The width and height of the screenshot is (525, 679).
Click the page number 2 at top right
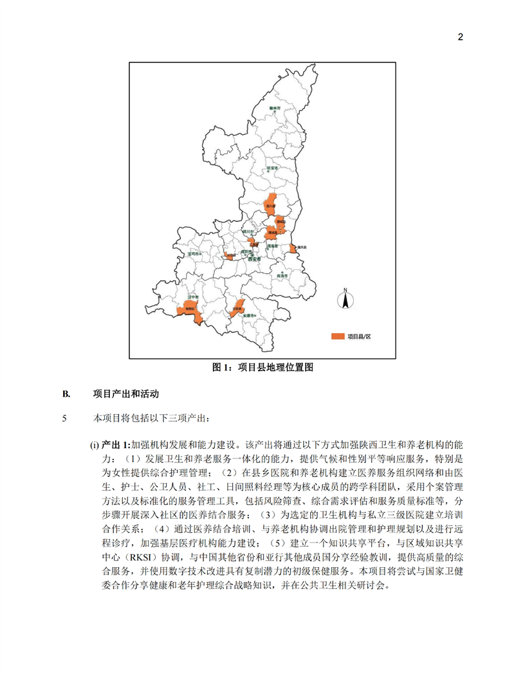[460, 37]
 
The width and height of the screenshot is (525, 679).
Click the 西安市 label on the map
[255, 258]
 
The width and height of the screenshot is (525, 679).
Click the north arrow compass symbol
[345, 299]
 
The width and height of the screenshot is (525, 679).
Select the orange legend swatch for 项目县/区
[337, 336]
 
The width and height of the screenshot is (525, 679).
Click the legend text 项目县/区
[360, 336]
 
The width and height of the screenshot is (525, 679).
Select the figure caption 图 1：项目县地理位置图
[262, 368]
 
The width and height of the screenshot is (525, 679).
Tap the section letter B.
[65, 394]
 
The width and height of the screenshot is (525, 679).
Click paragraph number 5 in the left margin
[64, 419]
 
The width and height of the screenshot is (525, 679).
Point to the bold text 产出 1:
[116, 445]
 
